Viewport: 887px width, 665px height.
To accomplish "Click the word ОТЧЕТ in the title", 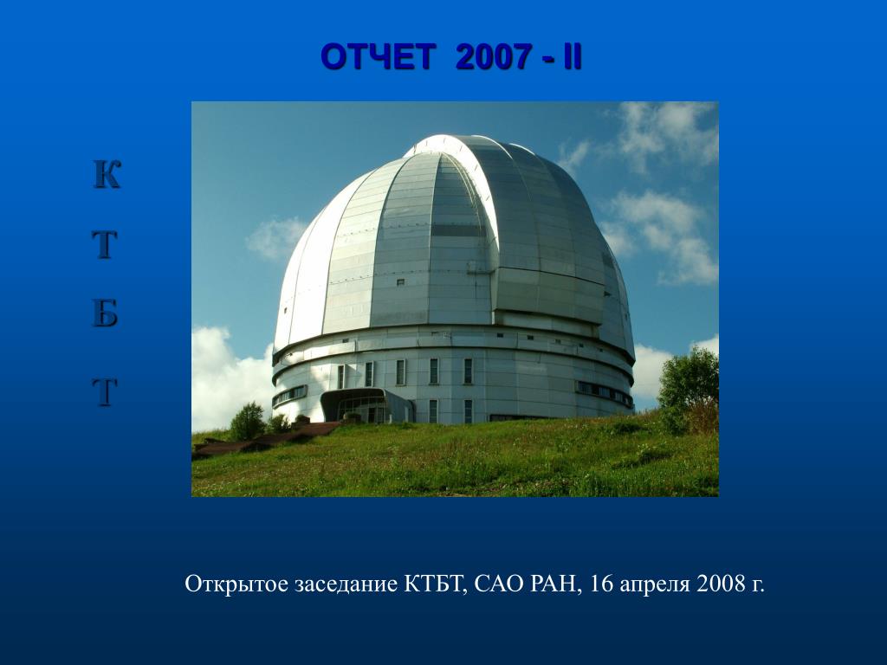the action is pyautogui.click(x=378, y=57).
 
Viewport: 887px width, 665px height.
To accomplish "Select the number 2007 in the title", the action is pyautogui.click(x=493, y=57).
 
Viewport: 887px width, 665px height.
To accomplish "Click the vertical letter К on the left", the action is pyautogui.click(x=107, y=174).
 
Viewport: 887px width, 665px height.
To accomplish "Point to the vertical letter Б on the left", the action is pyautogui.click(x=105, y=313).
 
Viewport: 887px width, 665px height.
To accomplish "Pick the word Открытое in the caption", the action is pyautogui.click(x=236, y=584).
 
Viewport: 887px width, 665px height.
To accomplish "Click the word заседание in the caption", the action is pyautogui.click(x=346, y=584).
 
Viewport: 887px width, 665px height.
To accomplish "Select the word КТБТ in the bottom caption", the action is pyautogui.click(x=436, y=584).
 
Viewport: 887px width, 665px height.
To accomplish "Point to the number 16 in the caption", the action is pyautogui.click(x=601, y=584).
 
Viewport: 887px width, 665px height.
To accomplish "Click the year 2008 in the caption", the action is pyautogui.click(x=721, y=584).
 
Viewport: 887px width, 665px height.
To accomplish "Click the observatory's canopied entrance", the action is pyautogui.click(x=366, y=405).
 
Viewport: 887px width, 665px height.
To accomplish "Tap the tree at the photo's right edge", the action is pyautogui.click(x=689, y=389).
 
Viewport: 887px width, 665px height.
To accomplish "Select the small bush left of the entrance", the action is pyautogui.click(x=247, y=422).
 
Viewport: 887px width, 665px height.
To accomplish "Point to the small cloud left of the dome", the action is pyautogui.click(x=275, y=239).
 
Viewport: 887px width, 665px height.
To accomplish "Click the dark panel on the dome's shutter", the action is pyautogui.click(x=457, y=230).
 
